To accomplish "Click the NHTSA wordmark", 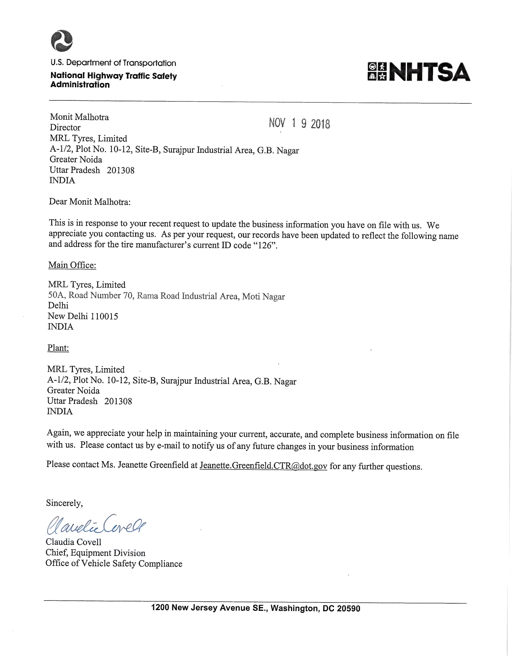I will click(429, 72).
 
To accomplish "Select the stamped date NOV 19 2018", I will click(299, 123).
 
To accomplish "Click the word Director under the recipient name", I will click(65, 128).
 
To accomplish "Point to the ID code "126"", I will click(264, 246).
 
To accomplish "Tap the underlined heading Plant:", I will click(58, 348).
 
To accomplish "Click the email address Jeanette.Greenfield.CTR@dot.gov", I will click(263, 465).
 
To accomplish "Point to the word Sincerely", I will click(64, 503).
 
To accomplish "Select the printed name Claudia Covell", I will click(73, 542).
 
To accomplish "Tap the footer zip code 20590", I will click(349, 608).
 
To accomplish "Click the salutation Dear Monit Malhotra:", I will click(90, 202).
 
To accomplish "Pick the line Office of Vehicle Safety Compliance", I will click(114, 564).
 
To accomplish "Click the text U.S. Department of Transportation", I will click(113, 63).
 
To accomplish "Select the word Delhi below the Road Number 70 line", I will click(58, 306).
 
